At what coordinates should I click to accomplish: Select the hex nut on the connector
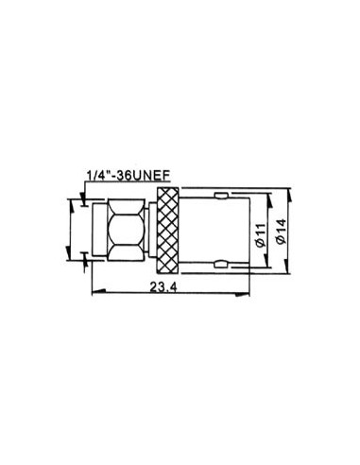(123, 229)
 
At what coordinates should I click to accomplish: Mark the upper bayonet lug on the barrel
(220, 195)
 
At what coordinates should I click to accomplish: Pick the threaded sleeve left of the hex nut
(98, 229)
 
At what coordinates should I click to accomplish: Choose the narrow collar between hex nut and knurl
(150, 229)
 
